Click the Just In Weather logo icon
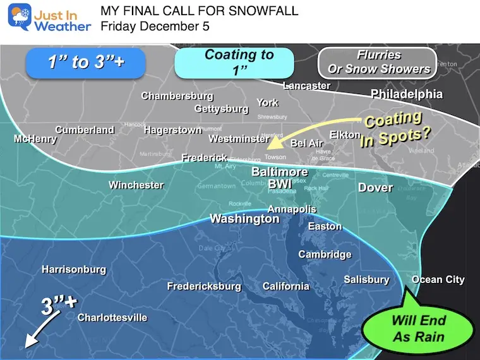coord(20,17)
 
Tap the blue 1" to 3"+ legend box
coord(85,63)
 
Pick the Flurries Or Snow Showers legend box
coord(379,63)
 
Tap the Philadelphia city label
coord(406,94)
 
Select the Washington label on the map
coord(244,219)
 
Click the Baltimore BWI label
coord(279,177)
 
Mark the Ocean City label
coord(438,279)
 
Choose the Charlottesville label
coord(112,317)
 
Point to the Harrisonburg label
coord(74,269)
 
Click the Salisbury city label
coord(366,279)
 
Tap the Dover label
coord(376,188)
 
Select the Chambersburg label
coord(177,96)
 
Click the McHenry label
coord(35,139)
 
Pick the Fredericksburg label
coord(204,286)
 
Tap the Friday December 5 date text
coord(155,27)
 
